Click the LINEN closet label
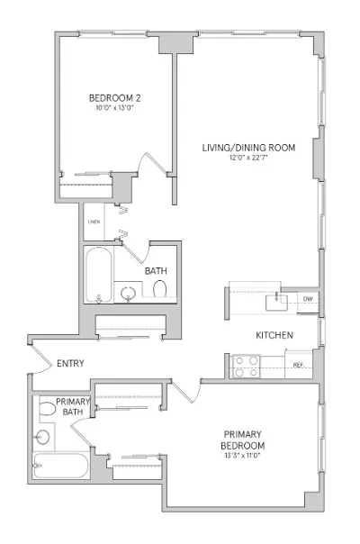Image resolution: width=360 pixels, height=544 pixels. coord(94,222)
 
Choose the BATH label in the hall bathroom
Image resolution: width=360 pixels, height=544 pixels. coord(155,270)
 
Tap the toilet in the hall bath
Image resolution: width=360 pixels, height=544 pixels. coord(160,290)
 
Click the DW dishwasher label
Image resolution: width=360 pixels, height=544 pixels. coord(307,298)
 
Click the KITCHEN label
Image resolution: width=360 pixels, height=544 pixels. coord(274,335)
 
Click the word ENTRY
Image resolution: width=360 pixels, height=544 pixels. coord(71,365)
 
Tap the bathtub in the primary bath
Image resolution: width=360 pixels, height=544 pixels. coord(60,466)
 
